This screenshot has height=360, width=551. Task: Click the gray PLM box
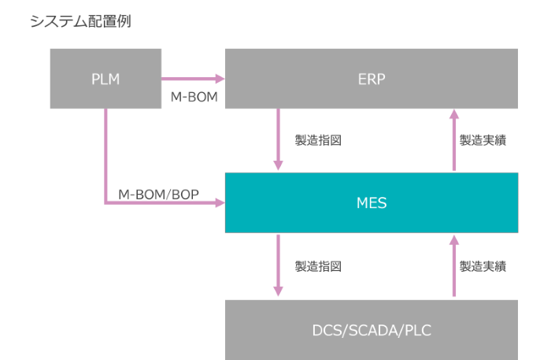click(x=105, y=78)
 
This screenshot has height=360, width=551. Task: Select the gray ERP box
click(x=372, y=78)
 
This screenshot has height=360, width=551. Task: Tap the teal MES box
click(x=372, y=202)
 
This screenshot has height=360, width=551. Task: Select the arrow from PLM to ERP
click(x=193, y=79)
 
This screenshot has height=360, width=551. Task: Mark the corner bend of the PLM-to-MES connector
click(x=105, y=202)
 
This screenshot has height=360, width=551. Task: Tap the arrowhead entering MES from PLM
click(x=218, y=202)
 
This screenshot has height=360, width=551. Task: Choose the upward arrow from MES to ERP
click(x=454, y=140)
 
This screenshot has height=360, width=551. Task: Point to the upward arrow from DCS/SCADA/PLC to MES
click(x=454, y=265)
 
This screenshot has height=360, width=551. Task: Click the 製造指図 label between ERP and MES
click(x=317, y=141)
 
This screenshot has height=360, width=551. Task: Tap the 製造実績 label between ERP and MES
click(x=483, y=141)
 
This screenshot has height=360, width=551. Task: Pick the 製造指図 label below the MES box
click(x=317, y=266)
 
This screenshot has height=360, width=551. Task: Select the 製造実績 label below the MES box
click(x=483, y=266)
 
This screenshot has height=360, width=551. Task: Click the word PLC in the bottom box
click(x=417, y=331)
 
